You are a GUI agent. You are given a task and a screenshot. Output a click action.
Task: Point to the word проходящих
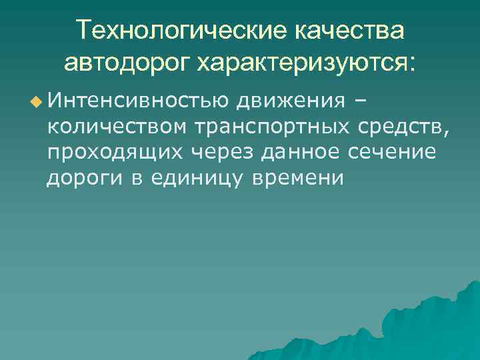click(x=116, y=153)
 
